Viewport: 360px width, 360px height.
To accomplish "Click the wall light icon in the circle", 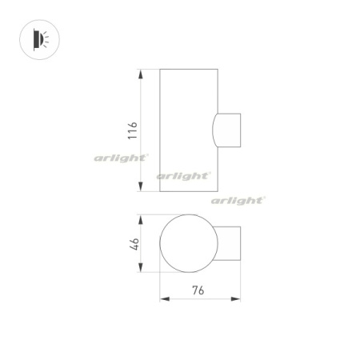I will tap(39, 38).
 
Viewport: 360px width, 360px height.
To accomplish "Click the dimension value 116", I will tap(133, 131).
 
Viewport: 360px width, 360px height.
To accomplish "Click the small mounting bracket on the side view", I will tap(230, 131).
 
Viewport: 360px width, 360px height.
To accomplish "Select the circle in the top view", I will tap(187, 243).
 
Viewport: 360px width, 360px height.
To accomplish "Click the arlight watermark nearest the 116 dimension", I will tap(120, 158).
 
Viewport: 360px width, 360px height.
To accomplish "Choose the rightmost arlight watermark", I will tap(238, 201).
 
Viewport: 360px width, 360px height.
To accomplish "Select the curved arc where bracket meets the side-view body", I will tap(214, 131).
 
